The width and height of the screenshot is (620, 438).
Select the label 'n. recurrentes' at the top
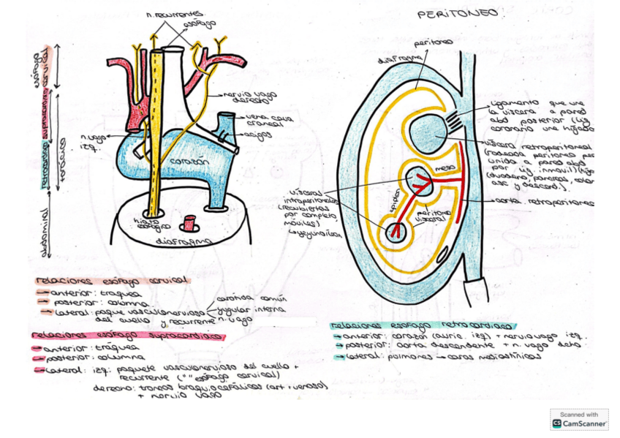[175, 14]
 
